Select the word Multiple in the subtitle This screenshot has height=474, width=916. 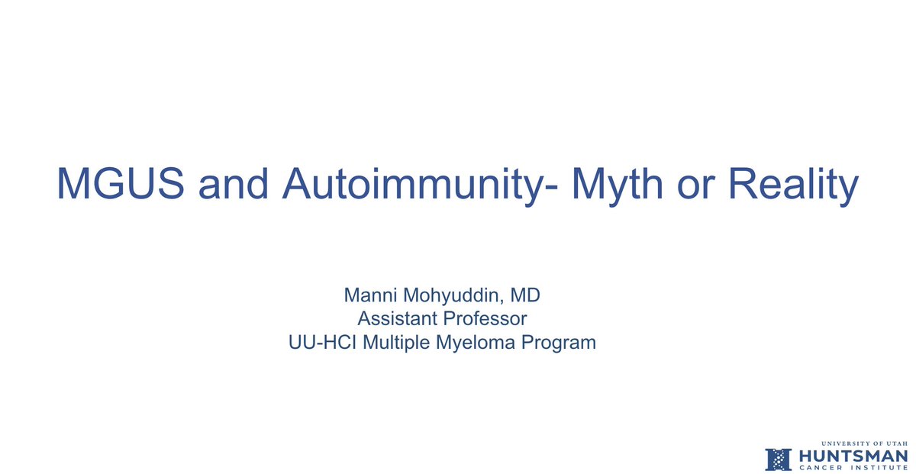(395, 343)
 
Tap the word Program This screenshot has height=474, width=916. (558, 343)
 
